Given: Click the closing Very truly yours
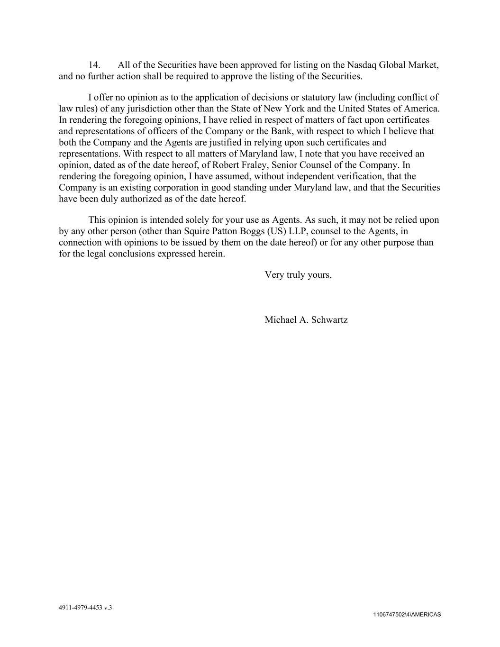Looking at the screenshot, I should coord(298,275).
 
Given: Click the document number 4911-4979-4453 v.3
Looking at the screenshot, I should coord(85,607).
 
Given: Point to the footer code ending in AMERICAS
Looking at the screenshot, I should coord(407,615).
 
